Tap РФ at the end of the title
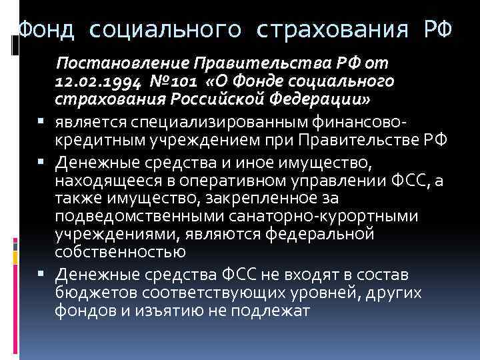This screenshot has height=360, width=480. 437,30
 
